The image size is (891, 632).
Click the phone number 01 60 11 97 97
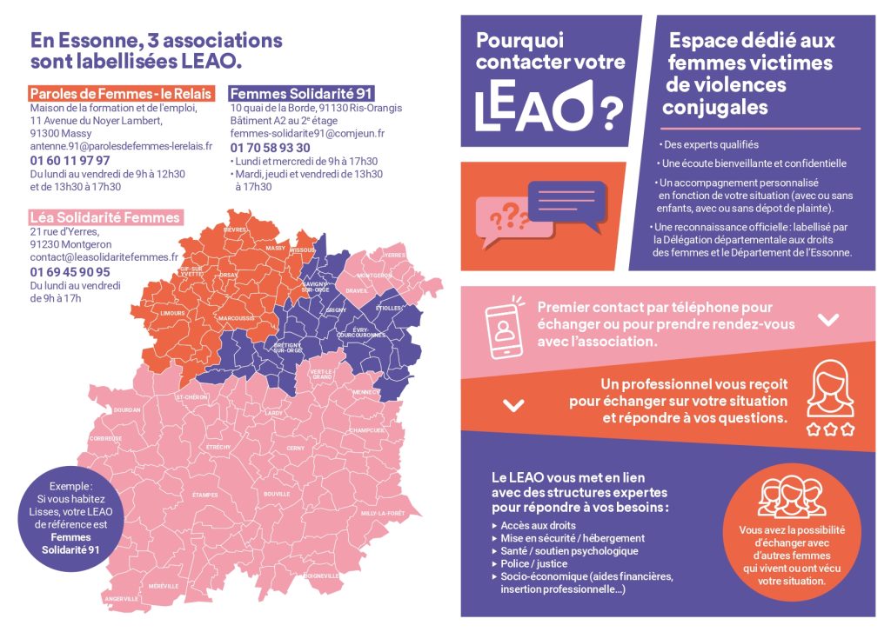point(70,161)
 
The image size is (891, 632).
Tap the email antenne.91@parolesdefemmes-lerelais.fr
point(121,146)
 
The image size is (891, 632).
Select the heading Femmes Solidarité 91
point(289,92)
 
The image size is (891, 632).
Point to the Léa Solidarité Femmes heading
point(105,217)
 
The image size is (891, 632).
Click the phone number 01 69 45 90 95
point(70,272)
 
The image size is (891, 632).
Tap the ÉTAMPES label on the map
point(204,495)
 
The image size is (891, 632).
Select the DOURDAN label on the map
point(127,409)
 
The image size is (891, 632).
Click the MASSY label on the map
point(276,248)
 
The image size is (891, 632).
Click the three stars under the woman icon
point(830,429)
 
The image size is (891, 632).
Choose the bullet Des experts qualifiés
point(710,145)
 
